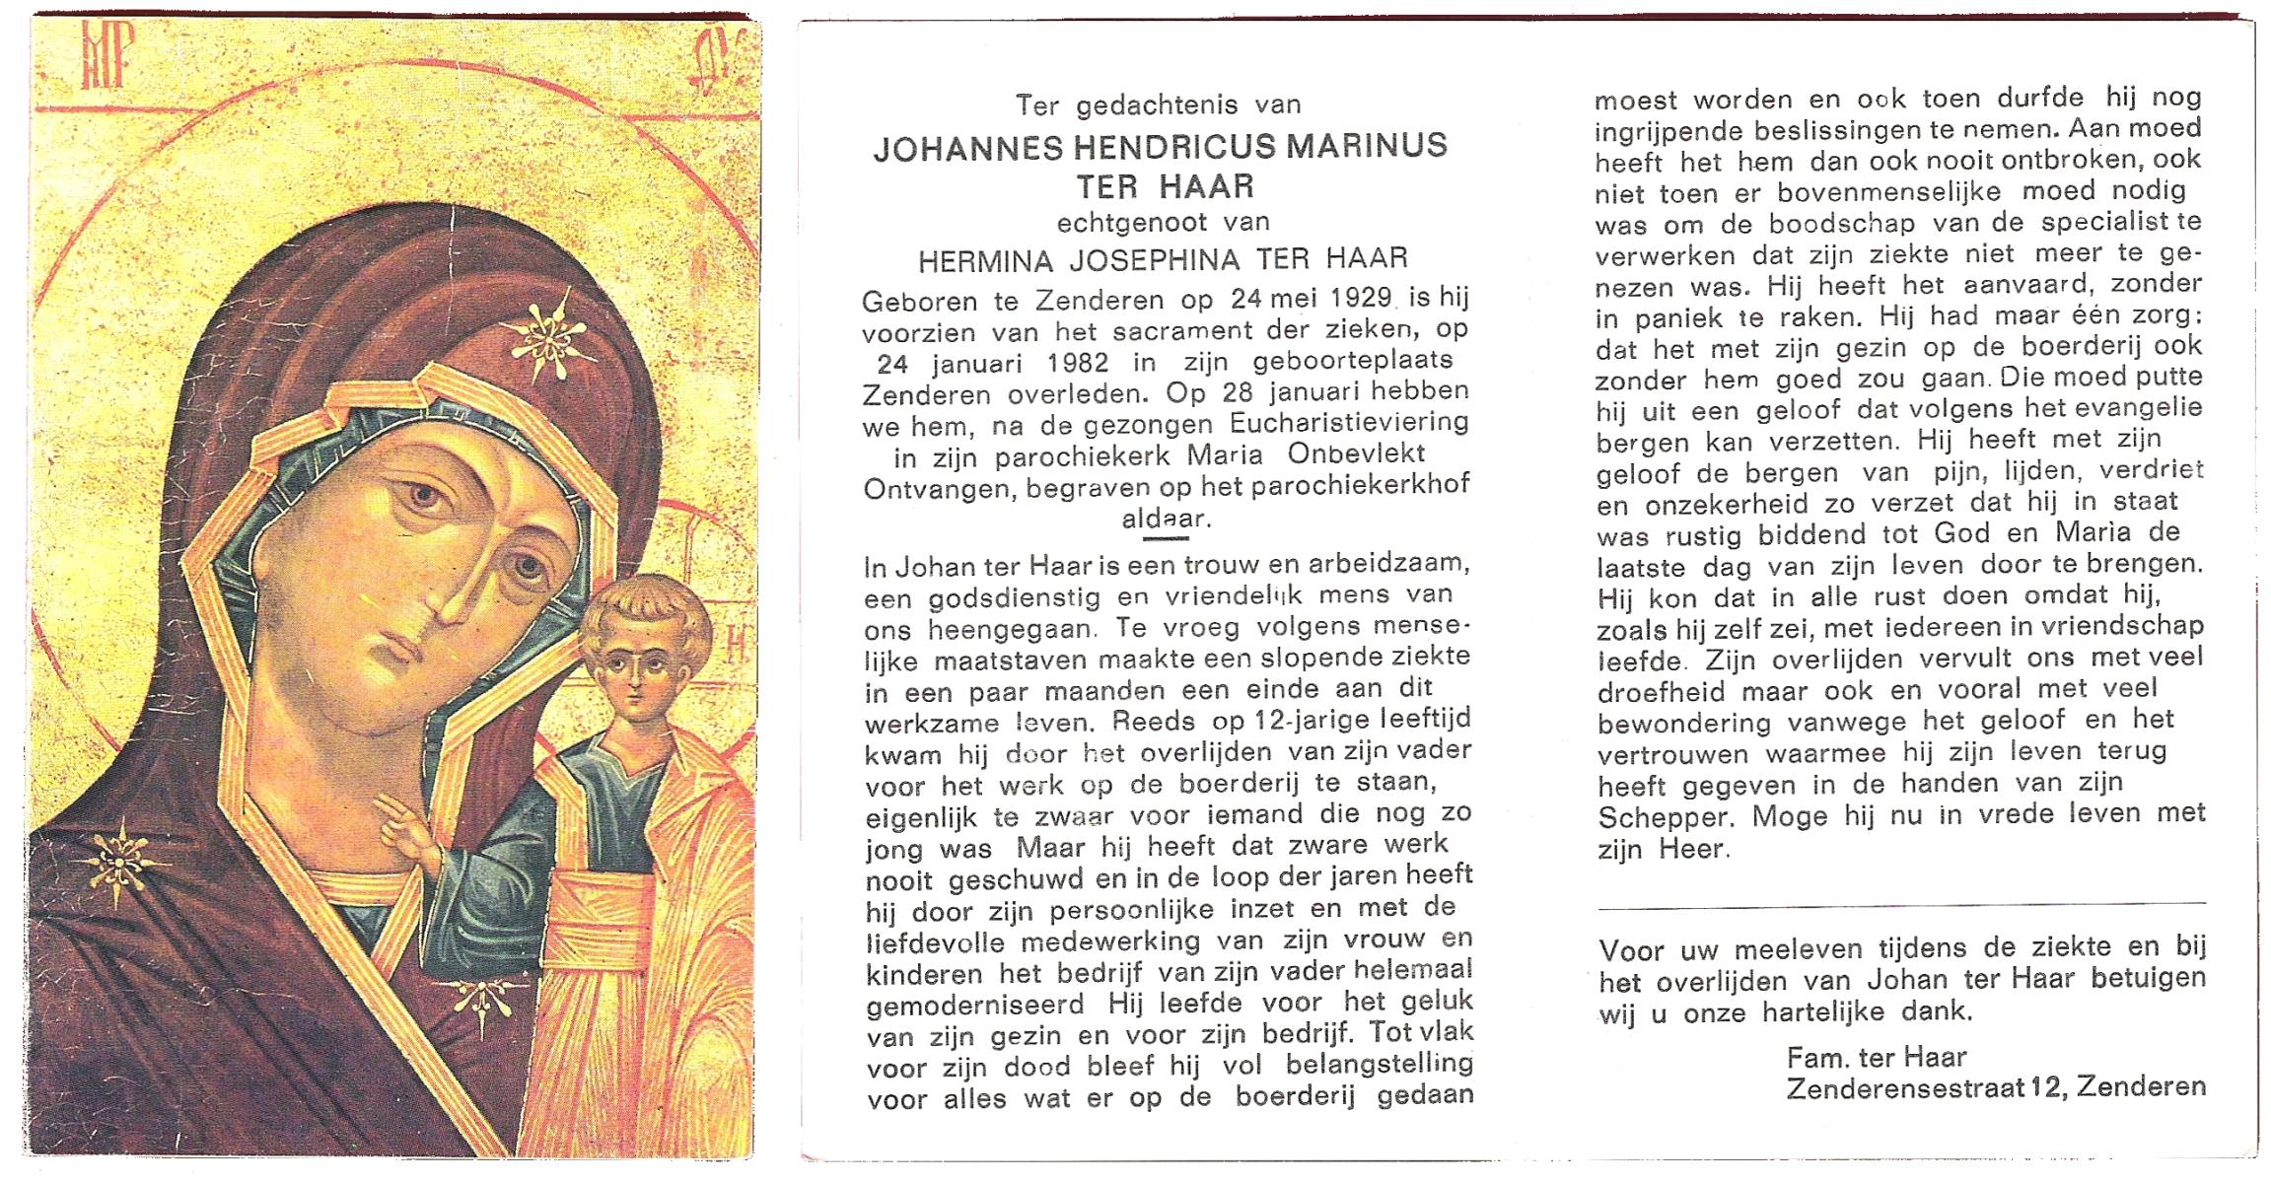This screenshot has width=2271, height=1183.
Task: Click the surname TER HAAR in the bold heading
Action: click(x=1165, y=186)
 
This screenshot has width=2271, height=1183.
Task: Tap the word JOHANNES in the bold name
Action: click(x=967, y=149)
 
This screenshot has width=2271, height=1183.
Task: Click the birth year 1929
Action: click(x=1350, y=297)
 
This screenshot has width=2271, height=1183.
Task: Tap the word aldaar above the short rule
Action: click(x=1164, y=519)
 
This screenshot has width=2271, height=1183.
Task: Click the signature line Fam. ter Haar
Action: click(x=1876, y=1057)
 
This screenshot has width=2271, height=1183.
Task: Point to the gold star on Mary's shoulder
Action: click(x=118, y=862)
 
